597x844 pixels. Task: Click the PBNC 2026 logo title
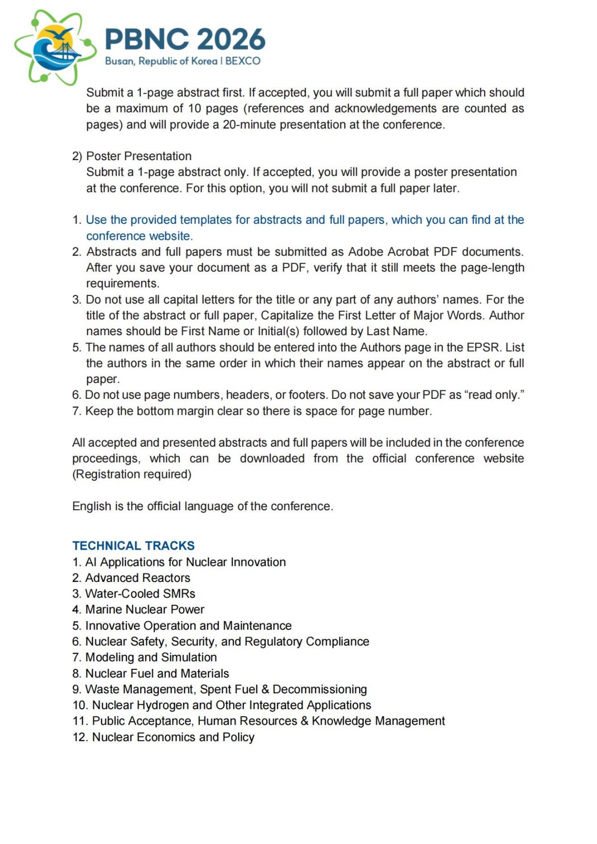click(x=185, y=39)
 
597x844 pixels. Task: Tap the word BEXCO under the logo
click(x=243, y=61)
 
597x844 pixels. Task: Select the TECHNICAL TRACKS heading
click(x=133, y=546)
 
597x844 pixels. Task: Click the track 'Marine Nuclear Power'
click(x=145, y=609)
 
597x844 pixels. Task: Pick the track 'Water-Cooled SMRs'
click(x=140, y=593)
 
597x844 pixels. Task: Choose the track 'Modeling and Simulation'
click(x=151, y=657)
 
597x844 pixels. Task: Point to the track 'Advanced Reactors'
click(x=138, y=577)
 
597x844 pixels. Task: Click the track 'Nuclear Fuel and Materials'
click(x=157, y=673)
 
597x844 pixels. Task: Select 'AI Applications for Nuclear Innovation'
click(x=186, y=562)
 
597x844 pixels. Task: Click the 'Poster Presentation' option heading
click(x=139, y=156)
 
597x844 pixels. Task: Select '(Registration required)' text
click(x=132, y=474)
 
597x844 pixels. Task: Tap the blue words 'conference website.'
click(x=139, y=236)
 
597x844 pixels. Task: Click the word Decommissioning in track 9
click(x=319, y=689)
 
